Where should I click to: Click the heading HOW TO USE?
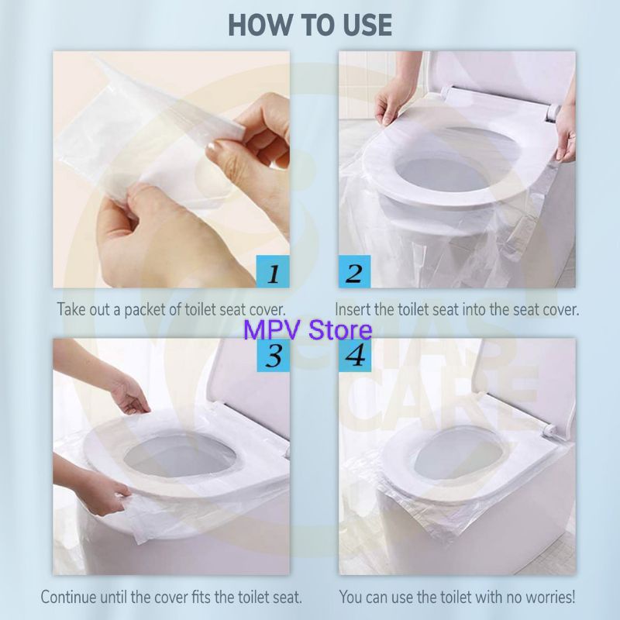(x=310, y=26)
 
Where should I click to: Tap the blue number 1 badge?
(x=273, y=271)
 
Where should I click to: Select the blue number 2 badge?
(x=354, y=271)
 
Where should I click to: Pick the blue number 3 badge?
(x=273, y=355)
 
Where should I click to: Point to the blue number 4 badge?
(x=355, y=355)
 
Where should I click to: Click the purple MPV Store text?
(x=308, y=330)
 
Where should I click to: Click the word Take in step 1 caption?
(x=71, y=309)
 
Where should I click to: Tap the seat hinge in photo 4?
(x=549, y=429)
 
